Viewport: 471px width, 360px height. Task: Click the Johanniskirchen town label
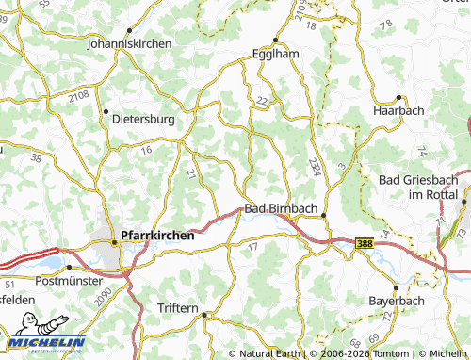[x=127, y=43]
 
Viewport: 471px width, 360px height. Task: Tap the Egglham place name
[x=276, y=55]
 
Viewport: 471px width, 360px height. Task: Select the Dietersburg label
[x=143, y=121]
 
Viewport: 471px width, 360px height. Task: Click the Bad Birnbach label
[x=281, y=208]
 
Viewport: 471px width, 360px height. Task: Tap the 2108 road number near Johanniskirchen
[x=80, y=96]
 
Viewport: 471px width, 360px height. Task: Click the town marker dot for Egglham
[x=274, y=41]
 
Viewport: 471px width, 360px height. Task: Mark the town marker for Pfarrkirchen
[x=115, y=243]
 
